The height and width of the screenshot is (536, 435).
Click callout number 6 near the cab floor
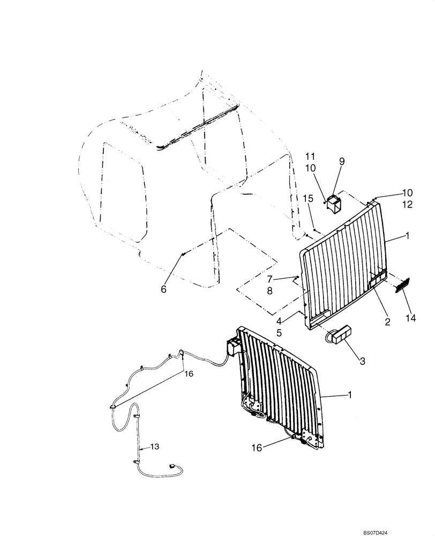pyautogui.click(x=164, y=289)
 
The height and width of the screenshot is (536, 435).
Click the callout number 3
pyautogui.click(x=363, y=361)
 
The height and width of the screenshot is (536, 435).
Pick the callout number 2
pyautogui.click(x=387, y=322)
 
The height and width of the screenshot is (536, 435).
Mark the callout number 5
pyautogui.click(x=279, y=332)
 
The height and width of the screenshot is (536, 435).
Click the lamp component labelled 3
pyautogui.click(x=339, y=336)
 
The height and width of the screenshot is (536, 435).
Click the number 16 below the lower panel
pyautogui.click(x=257, y=448)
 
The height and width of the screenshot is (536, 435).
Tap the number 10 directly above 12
pyautogui.click(x=408, y=192)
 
